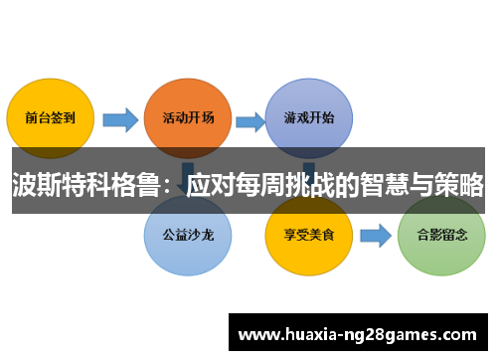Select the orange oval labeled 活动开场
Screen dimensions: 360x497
[187, 116]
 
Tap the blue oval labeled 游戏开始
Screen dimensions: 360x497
[309, 116]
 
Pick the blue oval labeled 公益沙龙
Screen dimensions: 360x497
[187, 237]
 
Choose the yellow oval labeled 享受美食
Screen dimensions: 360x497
[309, 237]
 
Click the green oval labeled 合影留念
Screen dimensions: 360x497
[440, 237]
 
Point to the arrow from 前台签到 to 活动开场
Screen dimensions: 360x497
[120, 120]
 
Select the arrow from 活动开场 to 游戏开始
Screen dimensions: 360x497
[249, 120]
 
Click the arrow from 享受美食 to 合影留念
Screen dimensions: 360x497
[375, 237]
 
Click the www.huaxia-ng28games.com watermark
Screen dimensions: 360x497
[358, 333]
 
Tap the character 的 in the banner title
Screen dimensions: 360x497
[348, 184]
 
